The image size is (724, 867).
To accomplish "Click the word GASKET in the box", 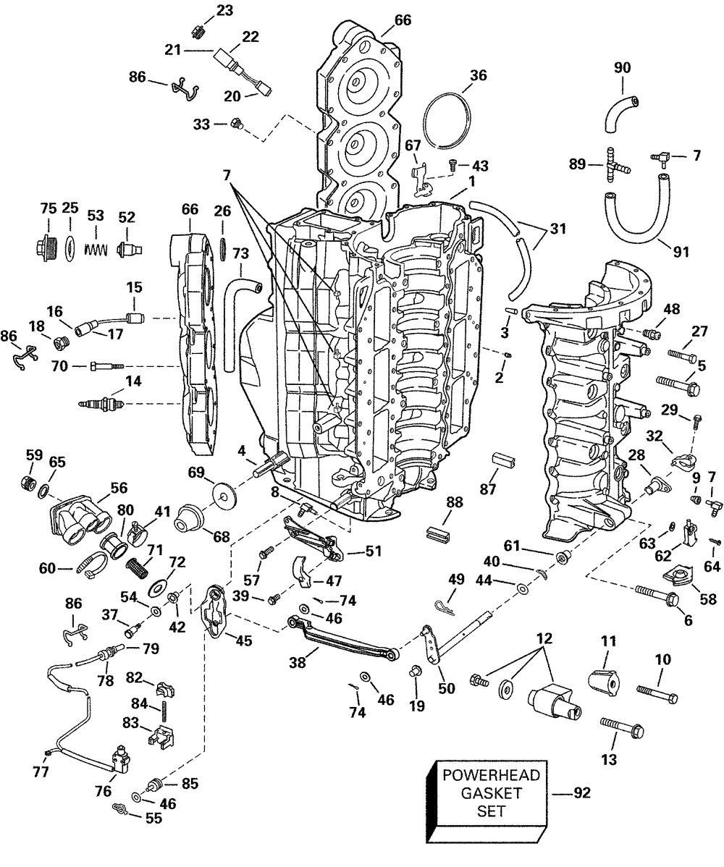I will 492,793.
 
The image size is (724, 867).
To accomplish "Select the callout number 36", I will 478,75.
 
